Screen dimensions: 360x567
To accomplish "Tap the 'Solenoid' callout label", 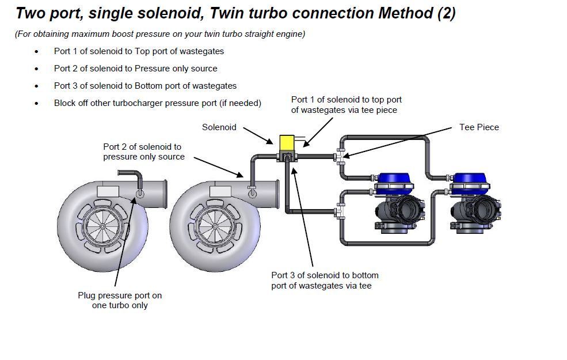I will point(219,127).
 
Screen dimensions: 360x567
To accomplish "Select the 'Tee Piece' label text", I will point(479,127).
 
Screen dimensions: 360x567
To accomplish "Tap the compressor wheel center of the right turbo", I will point(214,225).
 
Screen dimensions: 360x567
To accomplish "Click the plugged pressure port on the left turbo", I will point(139,194).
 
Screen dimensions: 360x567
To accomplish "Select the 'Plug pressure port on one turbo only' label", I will point(120,300).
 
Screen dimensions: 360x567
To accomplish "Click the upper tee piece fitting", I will point(341,156).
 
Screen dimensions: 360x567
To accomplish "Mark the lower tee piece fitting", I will point(341,212).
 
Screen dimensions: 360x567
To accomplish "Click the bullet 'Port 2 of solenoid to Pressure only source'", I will point(135,69).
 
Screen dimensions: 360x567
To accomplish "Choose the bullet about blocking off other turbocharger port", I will point(157,103).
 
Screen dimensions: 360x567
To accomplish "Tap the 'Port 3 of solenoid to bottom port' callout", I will point(325,280).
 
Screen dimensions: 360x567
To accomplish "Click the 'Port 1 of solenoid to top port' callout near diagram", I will point(346,104).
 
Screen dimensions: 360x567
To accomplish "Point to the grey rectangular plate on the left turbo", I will point(108,191).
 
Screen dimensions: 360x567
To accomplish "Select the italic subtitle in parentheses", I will point(160,34).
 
